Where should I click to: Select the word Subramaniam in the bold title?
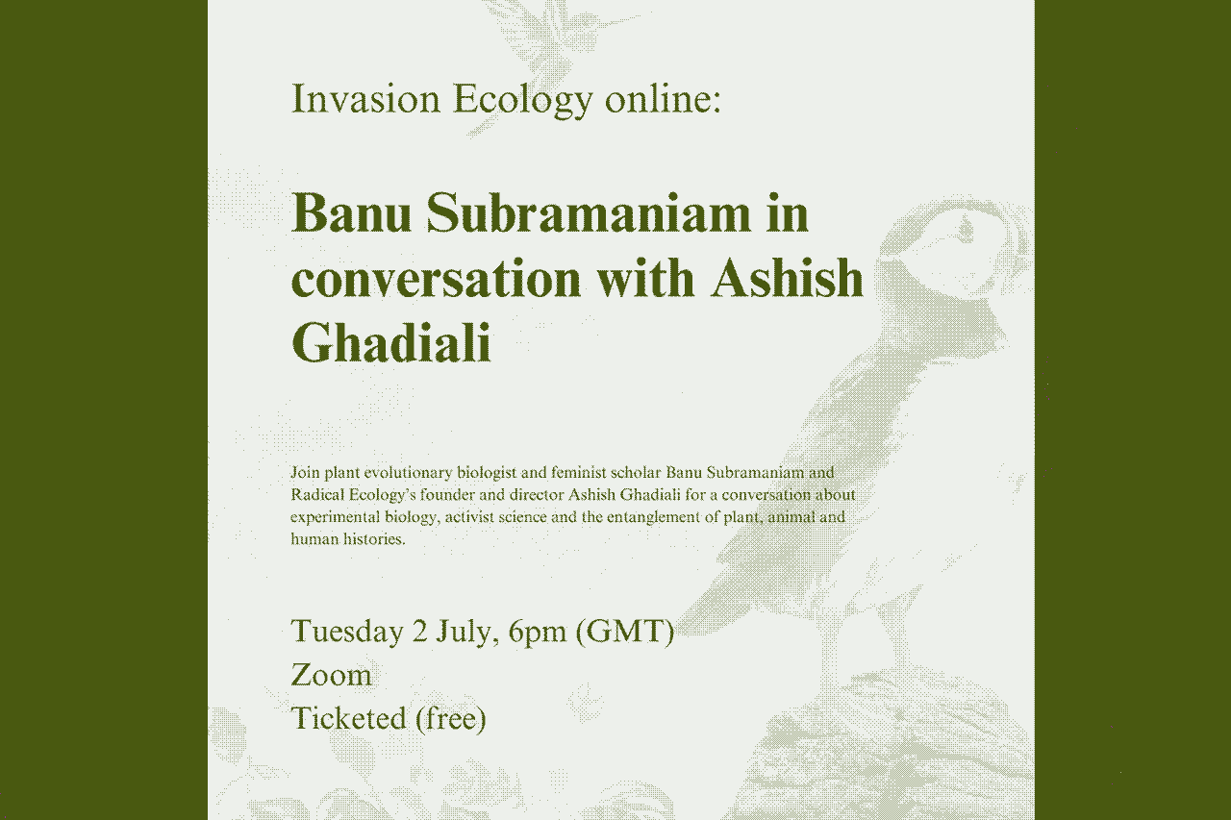588,212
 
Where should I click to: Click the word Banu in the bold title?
350,212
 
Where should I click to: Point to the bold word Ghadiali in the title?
390,343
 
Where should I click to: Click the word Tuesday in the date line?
347,632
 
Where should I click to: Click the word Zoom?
331,675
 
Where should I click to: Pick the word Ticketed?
348,718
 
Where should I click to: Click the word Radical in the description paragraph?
314,495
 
